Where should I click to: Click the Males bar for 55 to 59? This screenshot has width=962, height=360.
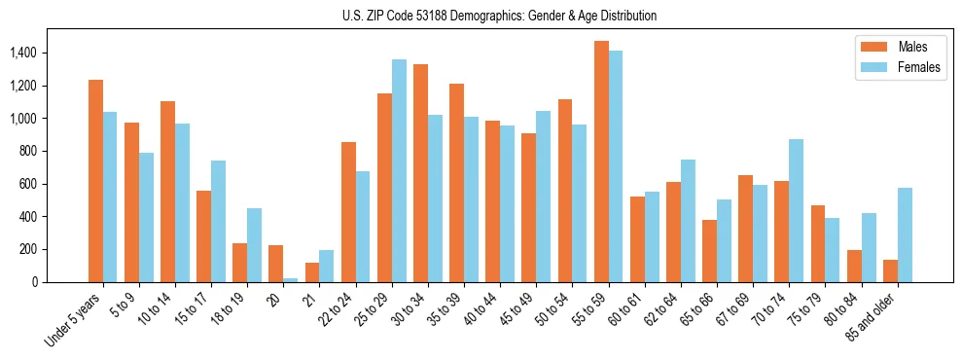tap(601, 162)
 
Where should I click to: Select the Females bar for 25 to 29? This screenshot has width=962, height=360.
tap(399, 171)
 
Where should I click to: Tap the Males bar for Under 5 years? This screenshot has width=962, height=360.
tap(95, 181)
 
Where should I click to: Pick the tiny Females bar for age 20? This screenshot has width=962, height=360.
tap(291, 280)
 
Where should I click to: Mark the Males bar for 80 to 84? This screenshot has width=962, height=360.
tap(854, 267)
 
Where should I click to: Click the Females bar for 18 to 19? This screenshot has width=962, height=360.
tap(254, 245)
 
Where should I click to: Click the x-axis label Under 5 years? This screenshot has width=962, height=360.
tap(74, 319)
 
